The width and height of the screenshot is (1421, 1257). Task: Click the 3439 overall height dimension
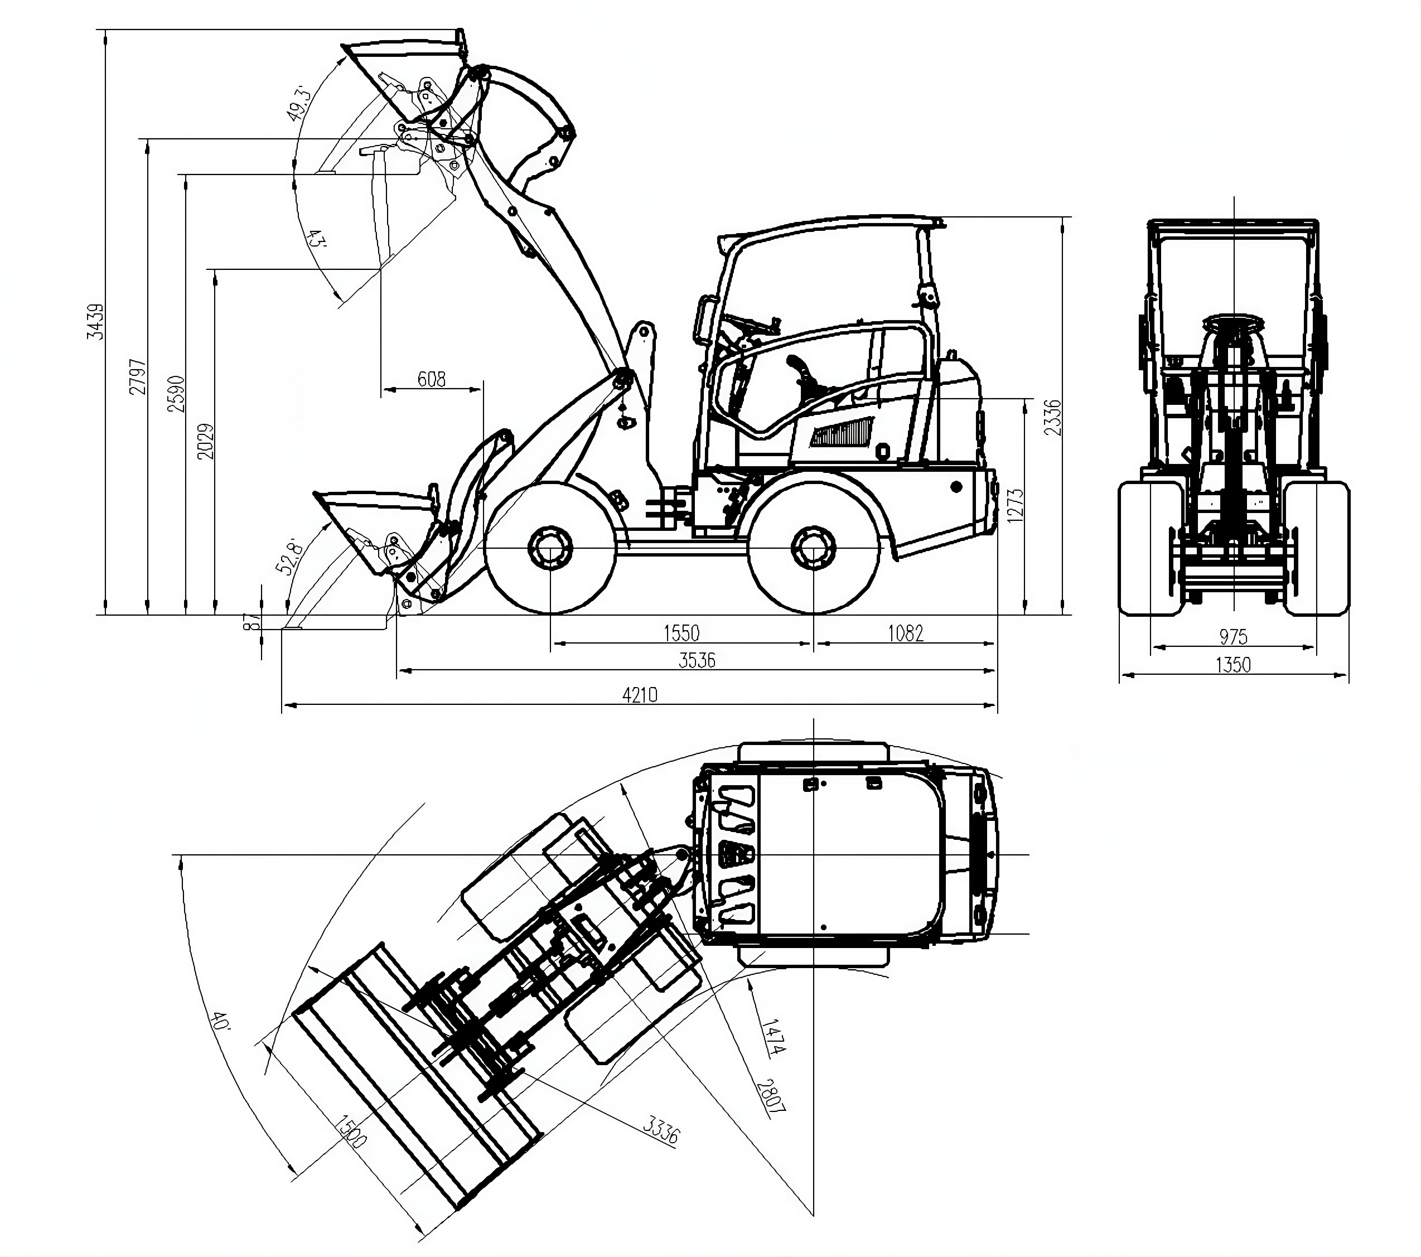coord(95,321)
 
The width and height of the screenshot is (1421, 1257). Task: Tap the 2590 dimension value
coord(177,394)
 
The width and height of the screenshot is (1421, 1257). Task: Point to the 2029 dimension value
coord(206,441)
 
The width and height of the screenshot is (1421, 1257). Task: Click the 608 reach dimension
coord(431,379)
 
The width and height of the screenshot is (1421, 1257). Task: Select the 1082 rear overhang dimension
coord(905,632)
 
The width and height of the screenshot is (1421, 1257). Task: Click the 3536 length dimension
coord(697,660)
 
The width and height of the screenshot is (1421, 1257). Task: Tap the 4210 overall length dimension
coord(640,694)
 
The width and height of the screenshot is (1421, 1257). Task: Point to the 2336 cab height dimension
coord(1054,417)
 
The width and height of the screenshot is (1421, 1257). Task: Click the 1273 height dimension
coord(1016,507)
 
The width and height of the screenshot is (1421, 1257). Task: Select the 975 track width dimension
coord(1233,636)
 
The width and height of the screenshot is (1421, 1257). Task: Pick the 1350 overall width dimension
coord(1232,665)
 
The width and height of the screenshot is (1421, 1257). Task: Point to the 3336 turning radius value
coord(660,1129)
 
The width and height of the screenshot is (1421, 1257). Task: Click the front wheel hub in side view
coord(550,548)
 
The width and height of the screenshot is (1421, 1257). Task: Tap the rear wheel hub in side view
coord(813,548)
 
